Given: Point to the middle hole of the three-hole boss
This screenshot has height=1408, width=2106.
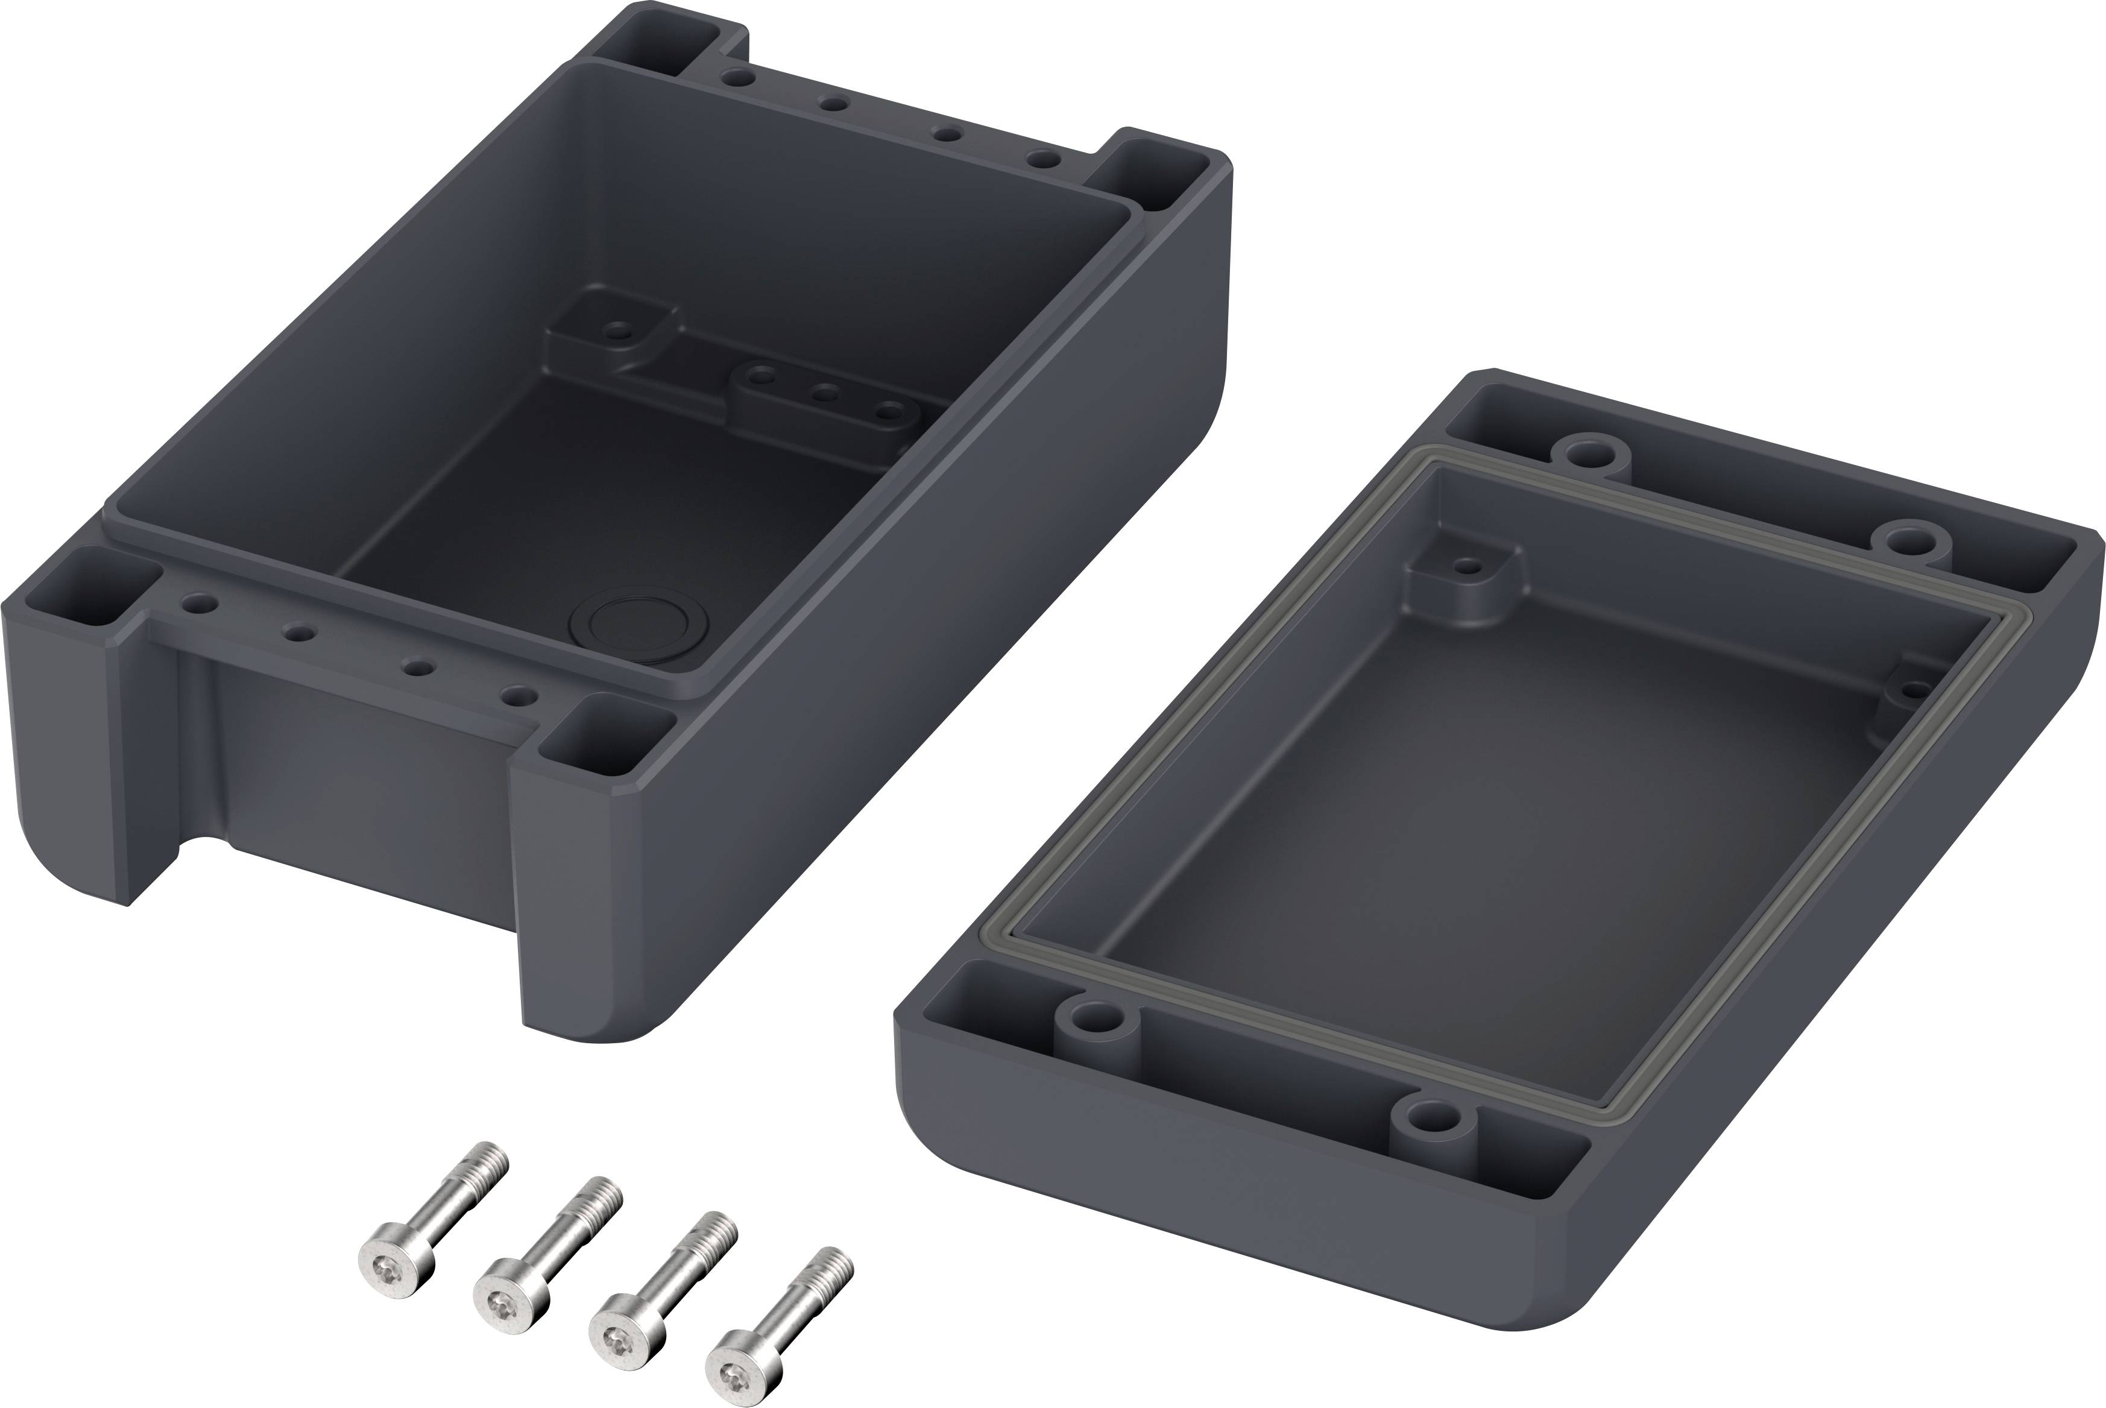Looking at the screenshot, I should tap(824, 393).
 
